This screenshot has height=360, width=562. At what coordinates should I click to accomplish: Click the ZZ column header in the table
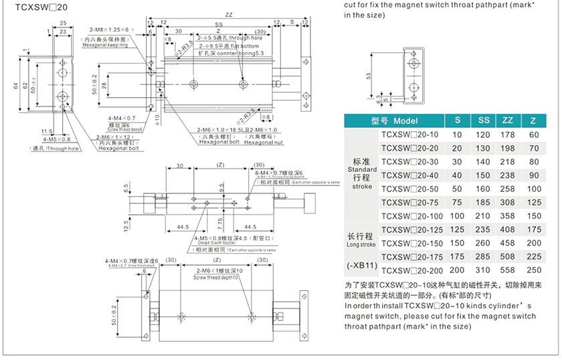(x=508, y=121)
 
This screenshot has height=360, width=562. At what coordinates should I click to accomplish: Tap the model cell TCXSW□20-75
(x=411, y=203)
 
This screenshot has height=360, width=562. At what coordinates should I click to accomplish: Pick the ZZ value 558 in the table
(x=508, y=270)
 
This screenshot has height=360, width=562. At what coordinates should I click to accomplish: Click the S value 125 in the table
(x=457, y=230)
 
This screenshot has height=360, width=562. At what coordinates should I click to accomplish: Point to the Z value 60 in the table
(x=534, y=134)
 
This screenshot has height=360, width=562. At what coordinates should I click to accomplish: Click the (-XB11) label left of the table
(x=362, y=265)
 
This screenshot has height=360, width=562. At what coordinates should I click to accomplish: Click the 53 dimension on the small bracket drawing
(x=369, y=76)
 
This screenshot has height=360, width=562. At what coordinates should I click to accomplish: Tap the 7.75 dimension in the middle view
(x=219, y=221)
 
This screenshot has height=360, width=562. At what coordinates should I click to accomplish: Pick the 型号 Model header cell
(x=394, y=121)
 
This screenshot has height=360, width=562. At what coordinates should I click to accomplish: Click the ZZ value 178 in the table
(x=508, y=134)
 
